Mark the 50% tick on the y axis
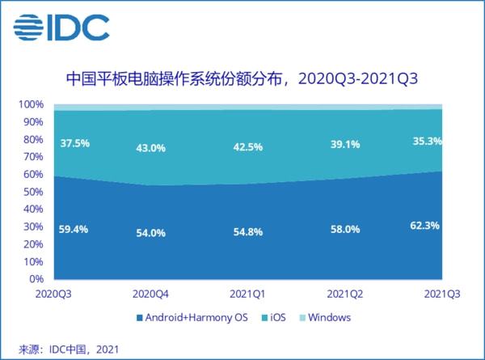click(x=33, y=192)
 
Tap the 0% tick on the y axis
click(x=36, y=279)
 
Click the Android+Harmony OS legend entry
click(x=191, y=318)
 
